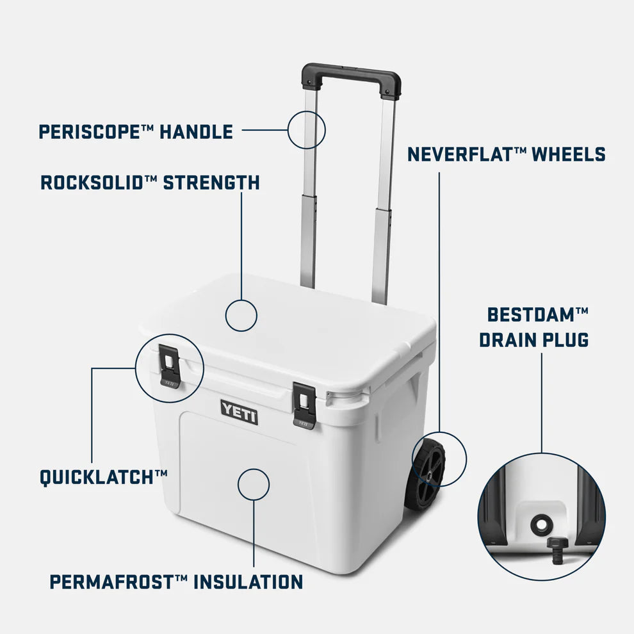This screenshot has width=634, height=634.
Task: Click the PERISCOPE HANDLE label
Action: tap(136, 132)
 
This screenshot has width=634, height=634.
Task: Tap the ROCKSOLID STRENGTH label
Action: tap(150, 183)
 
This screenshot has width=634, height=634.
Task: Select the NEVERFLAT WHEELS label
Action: tap(506, 154)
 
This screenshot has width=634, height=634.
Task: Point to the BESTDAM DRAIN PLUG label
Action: tap(534, 327)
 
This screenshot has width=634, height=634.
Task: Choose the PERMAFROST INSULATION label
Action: tap(176, 582)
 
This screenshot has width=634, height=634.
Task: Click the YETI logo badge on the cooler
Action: tap(240, 410)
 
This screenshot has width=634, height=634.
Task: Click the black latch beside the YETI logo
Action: tap(304, 405)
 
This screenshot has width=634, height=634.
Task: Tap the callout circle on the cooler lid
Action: tap(241, 316)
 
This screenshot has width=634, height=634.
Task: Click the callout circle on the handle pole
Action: tap(306, 130)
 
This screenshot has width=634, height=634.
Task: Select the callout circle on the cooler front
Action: tap(254, 484)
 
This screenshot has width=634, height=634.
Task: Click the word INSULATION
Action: tap(248, 582)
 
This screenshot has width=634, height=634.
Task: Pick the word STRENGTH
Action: tap(211, 183)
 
